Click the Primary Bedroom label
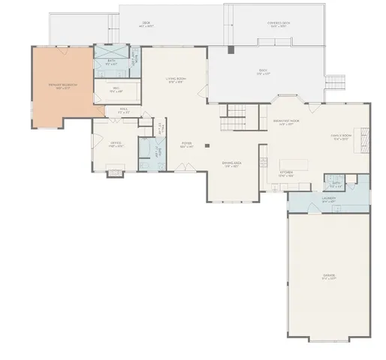pos(63,86)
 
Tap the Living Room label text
pos(176,80)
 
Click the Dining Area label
pos(231,164)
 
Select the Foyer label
pos(186,145)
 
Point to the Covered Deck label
pos(279,23)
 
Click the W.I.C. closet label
pos(116,91)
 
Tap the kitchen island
pos(296,163)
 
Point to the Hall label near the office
pos(124,111)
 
